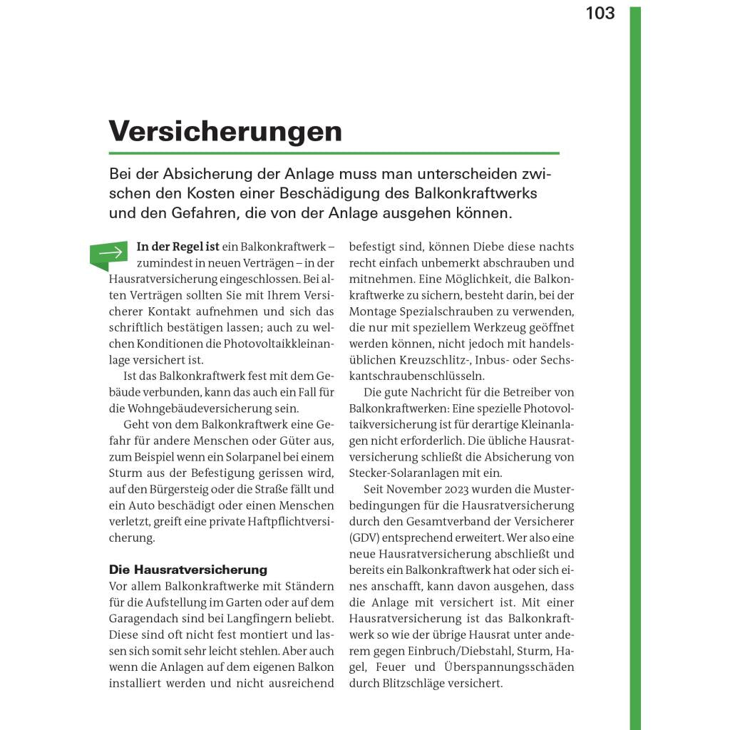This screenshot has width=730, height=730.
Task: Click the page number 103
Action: (x=600, y=14)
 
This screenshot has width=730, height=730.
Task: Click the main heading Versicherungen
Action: (x=225, y=131)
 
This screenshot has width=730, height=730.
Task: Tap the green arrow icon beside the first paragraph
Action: (x=109, y=253)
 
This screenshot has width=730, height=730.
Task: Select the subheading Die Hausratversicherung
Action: (x=187, y=570)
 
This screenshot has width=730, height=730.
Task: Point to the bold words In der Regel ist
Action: (x=178, y=247)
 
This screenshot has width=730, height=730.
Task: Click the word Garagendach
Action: (x=148, y=618)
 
